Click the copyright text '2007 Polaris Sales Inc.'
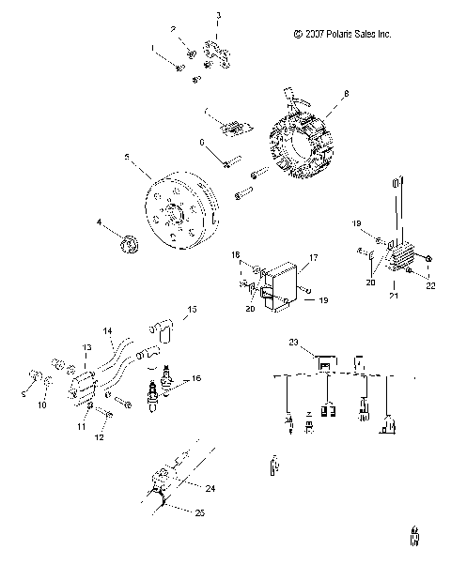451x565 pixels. pos(342,34)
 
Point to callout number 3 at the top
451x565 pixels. pos(218,15)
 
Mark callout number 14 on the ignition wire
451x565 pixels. pos(107,330)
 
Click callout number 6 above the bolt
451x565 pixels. pos(201,142)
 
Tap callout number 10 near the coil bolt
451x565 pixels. pos(40,406)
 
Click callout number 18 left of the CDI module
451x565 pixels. pos(236,254)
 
